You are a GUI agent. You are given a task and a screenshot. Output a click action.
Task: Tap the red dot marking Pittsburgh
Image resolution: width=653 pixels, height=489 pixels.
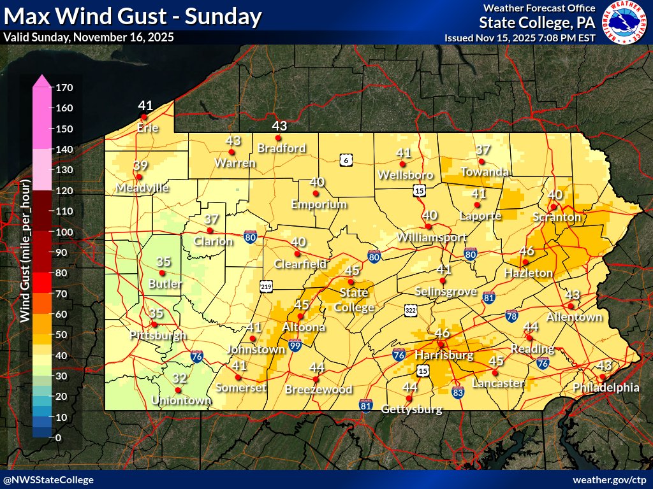tap(154, 325)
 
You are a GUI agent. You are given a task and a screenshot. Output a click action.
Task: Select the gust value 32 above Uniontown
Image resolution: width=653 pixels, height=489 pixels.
tap(179, 378)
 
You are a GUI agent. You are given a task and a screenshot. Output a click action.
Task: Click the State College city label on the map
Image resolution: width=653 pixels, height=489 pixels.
tap(356, 300)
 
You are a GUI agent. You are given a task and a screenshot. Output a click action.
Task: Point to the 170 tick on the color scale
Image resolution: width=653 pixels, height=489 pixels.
tap(64, 87)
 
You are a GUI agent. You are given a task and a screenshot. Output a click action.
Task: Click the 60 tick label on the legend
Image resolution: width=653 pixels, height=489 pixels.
tap(62, 314)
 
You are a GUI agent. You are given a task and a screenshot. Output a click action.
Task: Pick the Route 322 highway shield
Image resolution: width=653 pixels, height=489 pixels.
tap(411, 310)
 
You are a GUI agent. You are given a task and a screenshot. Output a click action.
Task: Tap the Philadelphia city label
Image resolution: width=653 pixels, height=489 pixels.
tap(606, 387)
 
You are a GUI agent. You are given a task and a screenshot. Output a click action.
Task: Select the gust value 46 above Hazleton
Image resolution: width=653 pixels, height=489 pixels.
tap(527, 251)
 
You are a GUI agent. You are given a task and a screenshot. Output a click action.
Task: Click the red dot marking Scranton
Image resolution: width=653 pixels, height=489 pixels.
tap(554, 206)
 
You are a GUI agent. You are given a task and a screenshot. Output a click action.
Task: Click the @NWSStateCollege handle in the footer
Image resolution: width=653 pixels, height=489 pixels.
tap(48, 479)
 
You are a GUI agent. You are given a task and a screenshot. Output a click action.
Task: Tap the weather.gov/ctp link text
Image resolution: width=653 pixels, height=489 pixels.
tap(610, 479)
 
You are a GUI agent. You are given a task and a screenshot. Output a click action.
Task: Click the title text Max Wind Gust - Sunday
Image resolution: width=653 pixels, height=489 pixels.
tap(133, 16)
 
